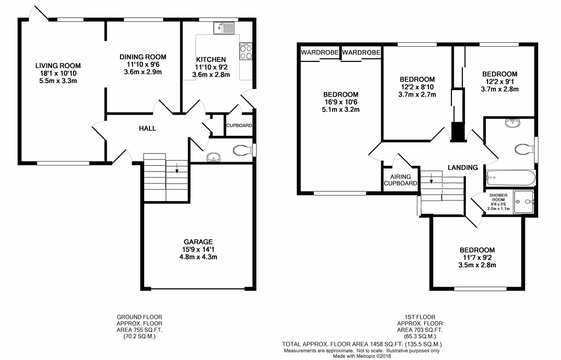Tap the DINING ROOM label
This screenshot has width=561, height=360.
click(142, 57)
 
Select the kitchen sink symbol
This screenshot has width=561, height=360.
click(225, 27)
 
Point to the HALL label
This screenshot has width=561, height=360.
click(147, 129)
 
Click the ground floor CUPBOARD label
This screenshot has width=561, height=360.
click(239, 125)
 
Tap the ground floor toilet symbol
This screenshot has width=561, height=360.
click(241, 150)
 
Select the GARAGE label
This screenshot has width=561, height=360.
click(198, 242)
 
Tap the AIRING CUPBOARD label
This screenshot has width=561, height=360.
click(400, 180)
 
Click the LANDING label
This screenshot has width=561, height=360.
click(462, 167)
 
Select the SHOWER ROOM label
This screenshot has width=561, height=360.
click(499, 197)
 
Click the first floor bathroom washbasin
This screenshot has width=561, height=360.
click(512, 123)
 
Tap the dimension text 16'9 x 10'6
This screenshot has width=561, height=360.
click(340, 102)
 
